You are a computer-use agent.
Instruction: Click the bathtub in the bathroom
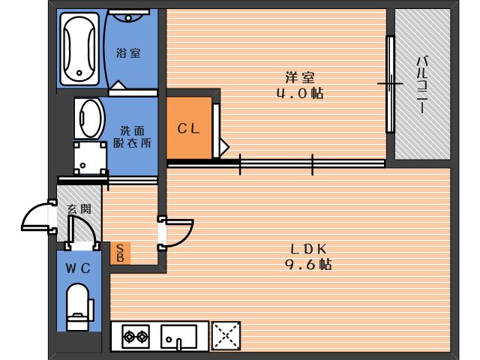(x=79, y=49)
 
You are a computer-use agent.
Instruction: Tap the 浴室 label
(x=128, y=53)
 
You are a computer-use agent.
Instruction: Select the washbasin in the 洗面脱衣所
(x=88, y=118)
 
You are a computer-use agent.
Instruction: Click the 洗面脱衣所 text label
(x=132, y=136)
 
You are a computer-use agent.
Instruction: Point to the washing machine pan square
(x=90, y=158)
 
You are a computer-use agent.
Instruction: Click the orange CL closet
(x=189, y=127)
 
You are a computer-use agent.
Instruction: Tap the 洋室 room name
(x=300, y=77)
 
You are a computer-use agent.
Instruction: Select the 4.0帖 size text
(x=300, y=93)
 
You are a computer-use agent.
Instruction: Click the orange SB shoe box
(x=120, y=253)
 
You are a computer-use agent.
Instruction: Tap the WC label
(x=78, y=268)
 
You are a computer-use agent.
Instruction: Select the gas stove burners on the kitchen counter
(x=136, y=337)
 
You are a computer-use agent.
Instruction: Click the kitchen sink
(x=178, y=337)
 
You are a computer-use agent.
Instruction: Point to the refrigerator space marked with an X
(x=226, y=335)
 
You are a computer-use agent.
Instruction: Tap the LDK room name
(x=308, y=249)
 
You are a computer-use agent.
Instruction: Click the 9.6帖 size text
(x=308, y=264)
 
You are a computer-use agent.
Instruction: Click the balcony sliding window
(x=390, y=84)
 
